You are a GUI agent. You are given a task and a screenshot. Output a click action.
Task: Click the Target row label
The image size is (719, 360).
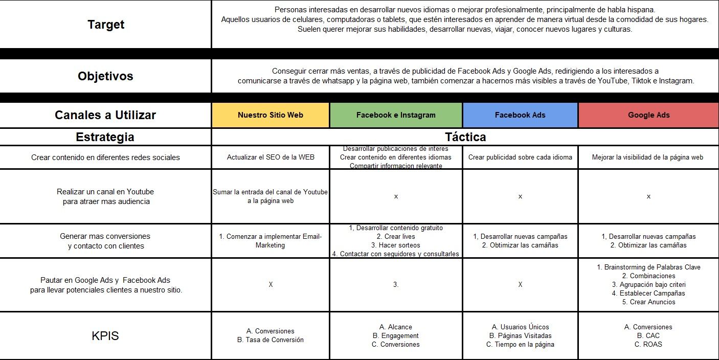click(x=106, y=25)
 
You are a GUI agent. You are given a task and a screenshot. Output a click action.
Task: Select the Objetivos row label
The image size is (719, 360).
click(x=105, y=76)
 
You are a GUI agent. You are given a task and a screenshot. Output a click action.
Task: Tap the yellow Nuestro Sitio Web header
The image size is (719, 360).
click(x=271, y=115)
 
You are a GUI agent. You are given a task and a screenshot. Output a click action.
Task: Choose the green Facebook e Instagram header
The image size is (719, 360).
click(x=396, y=115)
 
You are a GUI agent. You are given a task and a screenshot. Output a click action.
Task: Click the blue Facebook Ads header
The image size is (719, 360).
click(x=520, y=115)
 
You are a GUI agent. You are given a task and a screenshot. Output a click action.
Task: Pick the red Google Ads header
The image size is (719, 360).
click(x=648, y=115)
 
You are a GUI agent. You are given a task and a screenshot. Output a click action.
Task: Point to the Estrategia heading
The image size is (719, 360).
click(x=105, y=137)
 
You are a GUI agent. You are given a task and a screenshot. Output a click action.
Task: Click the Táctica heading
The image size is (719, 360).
click(x=465, y=137)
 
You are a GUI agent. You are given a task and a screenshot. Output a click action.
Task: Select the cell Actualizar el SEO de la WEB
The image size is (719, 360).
click(x=271, y=157)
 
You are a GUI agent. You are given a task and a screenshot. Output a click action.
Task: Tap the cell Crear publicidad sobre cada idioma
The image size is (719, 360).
click(x=520, y=157)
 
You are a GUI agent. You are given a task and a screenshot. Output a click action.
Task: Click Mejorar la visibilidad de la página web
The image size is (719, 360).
click(x=648, y=157)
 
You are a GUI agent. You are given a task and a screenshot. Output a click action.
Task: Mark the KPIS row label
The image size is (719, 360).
click(x=105, y=336)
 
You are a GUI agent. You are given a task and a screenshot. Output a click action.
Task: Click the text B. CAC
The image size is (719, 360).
click(x=648, y=336)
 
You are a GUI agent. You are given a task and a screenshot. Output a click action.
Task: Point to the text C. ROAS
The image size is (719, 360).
click(x=648, y=345)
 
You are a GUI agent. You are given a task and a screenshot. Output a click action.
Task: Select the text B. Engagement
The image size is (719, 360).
click(x=396, y=336)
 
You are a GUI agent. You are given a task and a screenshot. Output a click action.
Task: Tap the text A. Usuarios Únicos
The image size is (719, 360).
click(x=520, y=327)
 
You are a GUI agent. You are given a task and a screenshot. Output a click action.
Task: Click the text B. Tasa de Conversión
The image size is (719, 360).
click(x=271, y=340)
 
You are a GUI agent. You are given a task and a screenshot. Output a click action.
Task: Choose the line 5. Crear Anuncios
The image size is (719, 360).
click(x=648, y=302)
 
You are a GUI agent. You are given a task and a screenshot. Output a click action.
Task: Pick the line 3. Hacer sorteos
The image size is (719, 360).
click(x=396, y=245)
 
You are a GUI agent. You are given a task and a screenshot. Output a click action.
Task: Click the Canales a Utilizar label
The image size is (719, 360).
click(x=105, y=115)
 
